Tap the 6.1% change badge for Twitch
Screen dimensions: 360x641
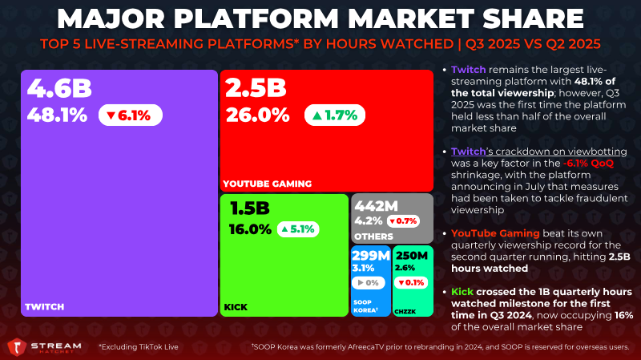[x=131, y=115]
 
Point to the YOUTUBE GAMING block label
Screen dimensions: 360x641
[x=268, y=184]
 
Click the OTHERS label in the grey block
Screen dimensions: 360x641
[x=373, y=237]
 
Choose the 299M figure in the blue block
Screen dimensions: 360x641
[x=371, y=256]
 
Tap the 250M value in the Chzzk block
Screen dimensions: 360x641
[x=413, y=256]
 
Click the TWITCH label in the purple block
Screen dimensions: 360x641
[x=44, y=306]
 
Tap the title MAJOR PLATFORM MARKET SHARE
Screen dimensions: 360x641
[x=320, y=18]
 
